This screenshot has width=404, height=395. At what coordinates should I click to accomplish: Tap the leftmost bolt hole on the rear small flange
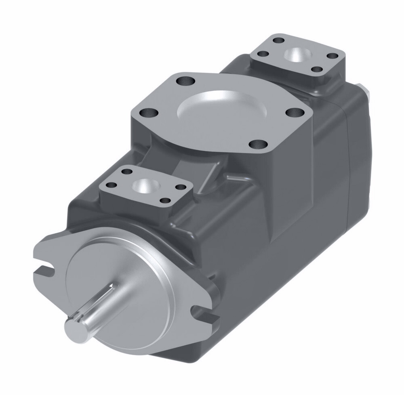(x=263, y=53)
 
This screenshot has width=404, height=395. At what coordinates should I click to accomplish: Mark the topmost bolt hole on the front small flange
(x=127, y=171)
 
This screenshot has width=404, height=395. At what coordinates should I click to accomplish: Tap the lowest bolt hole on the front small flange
(x=164, y=200)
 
